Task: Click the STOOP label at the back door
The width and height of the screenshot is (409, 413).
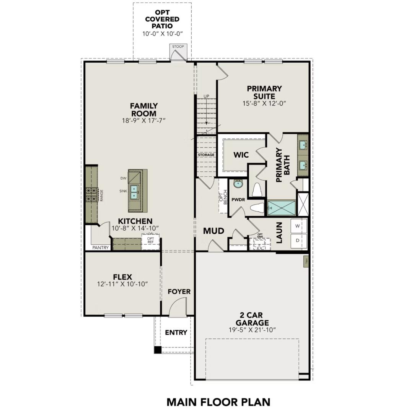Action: [178, 47]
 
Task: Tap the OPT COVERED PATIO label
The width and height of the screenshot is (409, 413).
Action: [162, 19]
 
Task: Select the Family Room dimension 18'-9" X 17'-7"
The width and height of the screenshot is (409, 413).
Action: [143, 121]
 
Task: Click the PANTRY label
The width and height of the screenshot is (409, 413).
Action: [101, 247]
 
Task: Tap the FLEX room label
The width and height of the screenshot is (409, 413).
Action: [122, 277]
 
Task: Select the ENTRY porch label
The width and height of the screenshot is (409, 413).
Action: [176, 332]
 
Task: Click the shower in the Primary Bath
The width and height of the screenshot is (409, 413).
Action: [282, 208]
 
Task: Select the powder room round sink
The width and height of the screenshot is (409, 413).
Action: [238, 184]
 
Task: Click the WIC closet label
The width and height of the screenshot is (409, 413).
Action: [241, 155]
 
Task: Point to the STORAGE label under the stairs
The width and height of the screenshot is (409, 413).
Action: [206, 155]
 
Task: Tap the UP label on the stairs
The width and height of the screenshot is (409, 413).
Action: [207, 96]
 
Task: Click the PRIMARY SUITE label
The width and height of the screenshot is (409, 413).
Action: [264, 93]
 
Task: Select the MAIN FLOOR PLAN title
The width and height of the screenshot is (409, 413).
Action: [218, 402]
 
